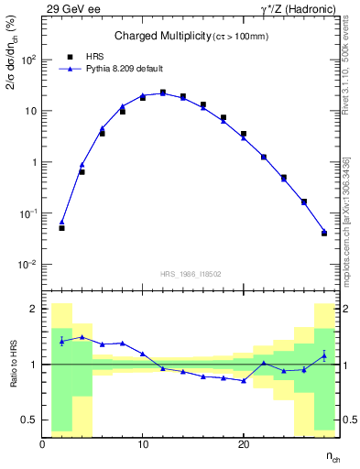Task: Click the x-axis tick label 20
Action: point(244,444)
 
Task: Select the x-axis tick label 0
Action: point(43,444)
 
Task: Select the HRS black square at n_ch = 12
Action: point(163,93)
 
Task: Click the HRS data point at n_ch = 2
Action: point(61,227)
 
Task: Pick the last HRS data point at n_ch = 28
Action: point(324,233)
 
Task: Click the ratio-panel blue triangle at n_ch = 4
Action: point(82,337)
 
